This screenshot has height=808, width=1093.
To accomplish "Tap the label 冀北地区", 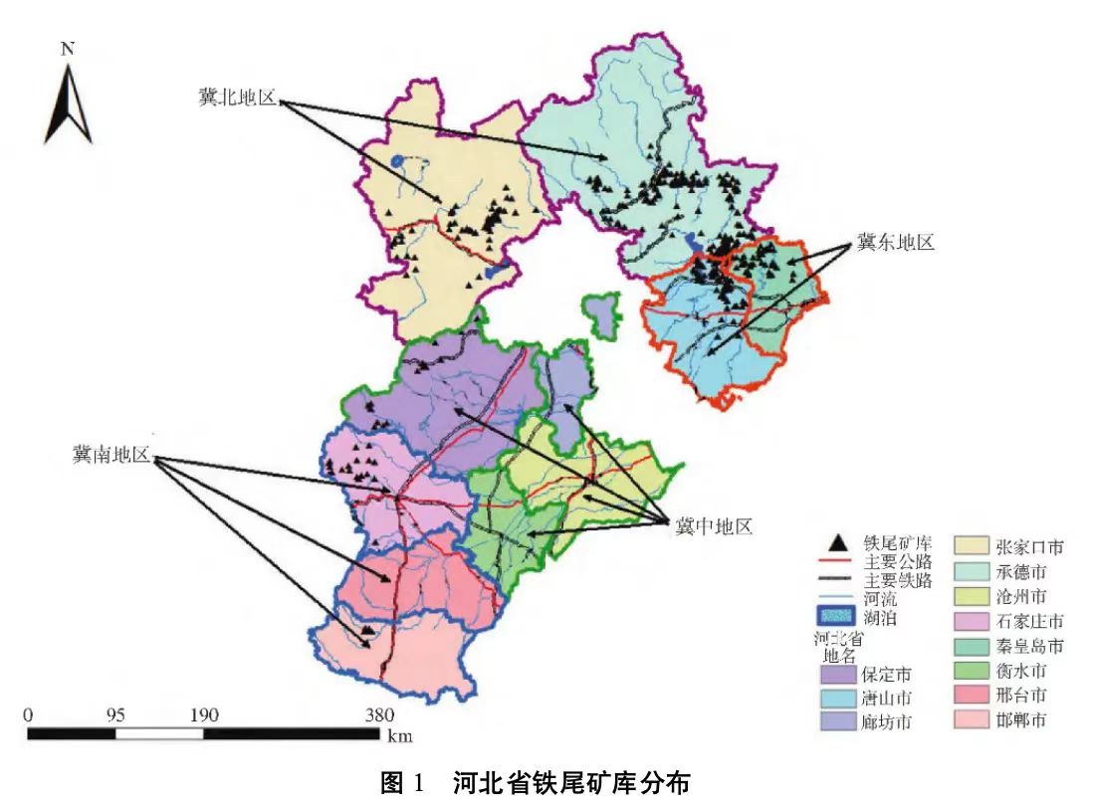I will tap(237, 99).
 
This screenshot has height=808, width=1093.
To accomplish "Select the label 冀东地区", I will tap(895, 242).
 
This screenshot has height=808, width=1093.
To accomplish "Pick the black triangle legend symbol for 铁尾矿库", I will tap(839, 542).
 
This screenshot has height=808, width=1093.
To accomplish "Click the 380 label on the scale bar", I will tap(379, 714).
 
